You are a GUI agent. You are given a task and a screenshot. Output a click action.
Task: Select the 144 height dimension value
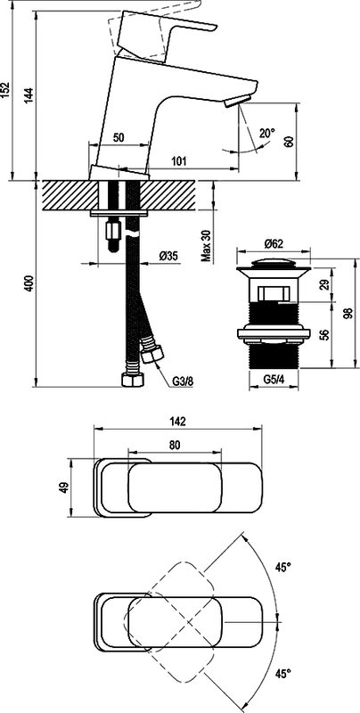point(29,96)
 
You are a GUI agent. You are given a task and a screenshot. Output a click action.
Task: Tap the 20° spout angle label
point(266,133)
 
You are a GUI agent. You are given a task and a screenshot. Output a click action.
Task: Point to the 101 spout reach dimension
point(179,160)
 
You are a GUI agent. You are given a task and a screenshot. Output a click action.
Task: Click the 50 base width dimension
point(119,138)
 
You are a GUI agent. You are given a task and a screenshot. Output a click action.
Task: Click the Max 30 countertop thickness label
point(207,246)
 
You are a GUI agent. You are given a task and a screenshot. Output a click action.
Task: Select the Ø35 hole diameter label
point(168,257)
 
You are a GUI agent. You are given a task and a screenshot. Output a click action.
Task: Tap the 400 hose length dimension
point(29,283)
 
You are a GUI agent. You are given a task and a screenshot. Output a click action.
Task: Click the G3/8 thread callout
point(183,381)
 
